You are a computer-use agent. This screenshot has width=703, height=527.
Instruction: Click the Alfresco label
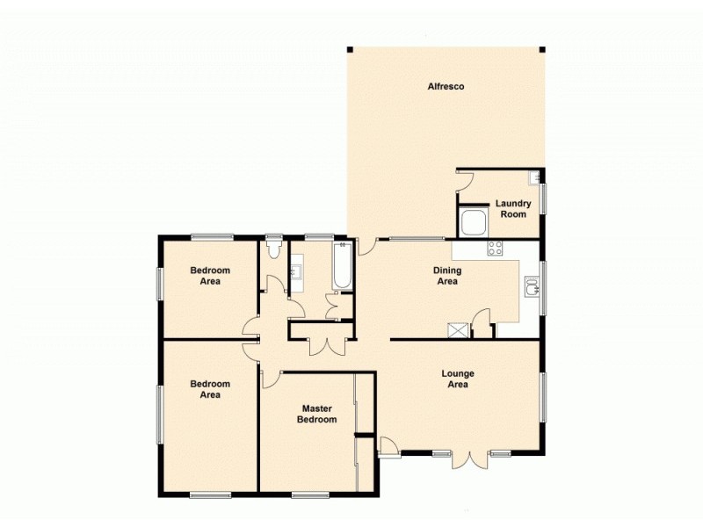click(x=446, y=86)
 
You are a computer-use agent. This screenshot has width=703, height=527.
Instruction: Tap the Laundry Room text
click(x=513, y=209)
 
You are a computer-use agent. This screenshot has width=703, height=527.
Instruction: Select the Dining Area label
click(x=448, y=277)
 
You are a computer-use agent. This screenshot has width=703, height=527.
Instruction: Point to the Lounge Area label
click(x=458, y=379)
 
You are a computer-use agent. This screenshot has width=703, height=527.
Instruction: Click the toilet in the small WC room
click(x=273, y=249)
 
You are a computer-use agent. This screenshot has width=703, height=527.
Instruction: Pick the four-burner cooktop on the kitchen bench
click(x=495, y=248)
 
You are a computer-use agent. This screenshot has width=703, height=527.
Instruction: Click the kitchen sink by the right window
click(x=532, y=286)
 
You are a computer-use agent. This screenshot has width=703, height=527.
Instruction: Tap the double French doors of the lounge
click(x=479, y=458)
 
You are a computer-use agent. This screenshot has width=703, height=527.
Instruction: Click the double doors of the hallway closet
click(x=323, y=345)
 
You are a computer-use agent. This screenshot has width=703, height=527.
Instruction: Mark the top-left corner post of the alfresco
click(x=350, y=49)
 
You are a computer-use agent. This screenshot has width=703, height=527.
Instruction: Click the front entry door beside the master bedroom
click(x=388, y=446)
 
